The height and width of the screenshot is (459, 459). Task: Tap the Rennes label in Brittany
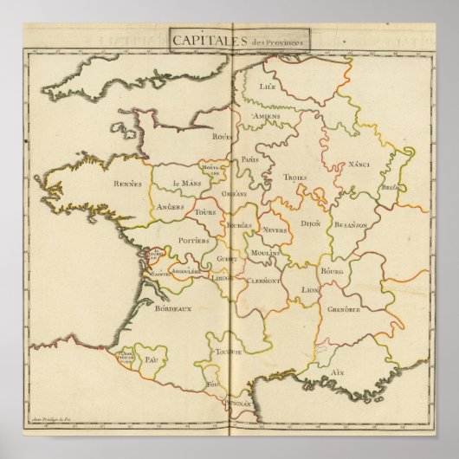[127, 183]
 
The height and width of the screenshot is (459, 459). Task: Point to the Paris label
[251, 159]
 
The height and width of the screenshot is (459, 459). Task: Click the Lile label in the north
[264, 86]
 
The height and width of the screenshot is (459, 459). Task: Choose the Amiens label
[266, 116]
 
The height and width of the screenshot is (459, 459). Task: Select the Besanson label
[351, 223]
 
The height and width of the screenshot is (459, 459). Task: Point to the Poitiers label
[191, 242]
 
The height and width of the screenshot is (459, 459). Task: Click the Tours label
[205, 212]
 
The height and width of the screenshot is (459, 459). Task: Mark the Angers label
[174, 207]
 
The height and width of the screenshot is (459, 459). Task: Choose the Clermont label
[262, 281]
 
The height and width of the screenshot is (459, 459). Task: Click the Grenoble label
[344, 309]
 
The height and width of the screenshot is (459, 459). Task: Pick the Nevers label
[275, 230]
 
